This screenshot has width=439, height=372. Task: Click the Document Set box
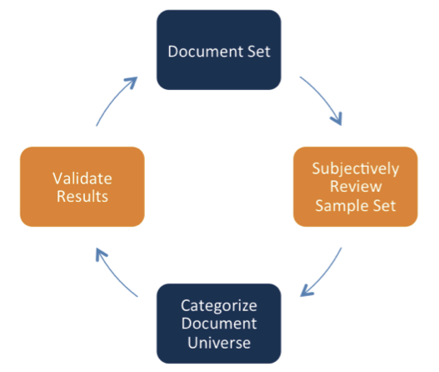click(x=218, y=50)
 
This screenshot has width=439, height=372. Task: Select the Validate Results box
click(x=82, y=187)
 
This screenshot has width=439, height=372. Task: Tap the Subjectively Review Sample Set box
click(x=356, y=187)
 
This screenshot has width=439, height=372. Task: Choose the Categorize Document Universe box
click(x=218, y=324)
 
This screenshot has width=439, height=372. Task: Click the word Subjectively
click(x=356, y=169)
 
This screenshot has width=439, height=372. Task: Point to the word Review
click(x=356, y=187)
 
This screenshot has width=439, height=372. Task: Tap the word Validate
click(x=82, y=178)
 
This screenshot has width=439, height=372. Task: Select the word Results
click(x=82, y=196)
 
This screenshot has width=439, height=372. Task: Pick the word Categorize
click(x=219, y=306)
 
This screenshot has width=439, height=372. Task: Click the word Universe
click(x=219, y=343)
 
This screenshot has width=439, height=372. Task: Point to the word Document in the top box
click(x=202, y=52)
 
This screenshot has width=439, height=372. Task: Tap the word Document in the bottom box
click(x=219, y=324)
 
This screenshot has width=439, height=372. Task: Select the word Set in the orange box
click(x=385, y=206)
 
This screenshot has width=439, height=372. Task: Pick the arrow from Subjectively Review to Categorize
click(x=325, y=275)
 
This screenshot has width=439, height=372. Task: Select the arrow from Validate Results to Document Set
click(x=113, y=98)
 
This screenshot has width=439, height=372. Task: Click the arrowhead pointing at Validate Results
click(x=101, y=254)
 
